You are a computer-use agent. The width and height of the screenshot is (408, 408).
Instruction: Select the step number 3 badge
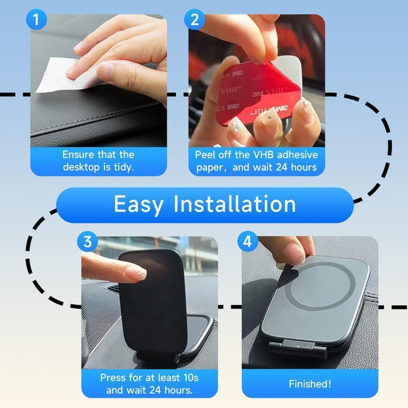[x=87, y=242]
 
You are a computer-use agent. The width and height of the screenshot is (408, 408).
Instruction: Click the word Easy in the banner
[x=139, y=205]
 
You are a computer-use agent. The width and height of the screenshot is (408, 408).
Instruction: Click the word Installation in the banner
[x=235, y=205]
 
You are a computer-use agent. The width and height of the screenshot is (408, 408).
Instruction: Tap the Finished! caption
[x=310, y=384]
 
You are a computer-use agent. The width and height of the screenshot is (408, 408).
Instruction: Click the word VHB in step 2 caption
[x=260, y=155]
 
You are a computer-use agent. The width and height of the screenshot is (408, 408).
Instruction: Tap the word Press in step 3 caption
[x=113, y=378]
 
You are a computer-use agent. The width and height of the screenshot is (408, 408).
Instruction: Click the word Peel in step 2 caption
[x=207, y=155]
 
